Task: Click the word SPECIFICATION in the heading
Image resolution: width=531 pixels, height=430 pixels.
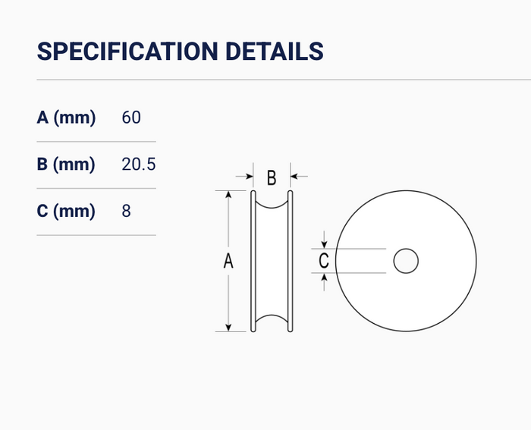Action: tap(127, 51)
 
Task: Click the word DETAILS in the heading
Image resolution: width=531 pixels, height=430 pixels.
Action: tap(275, 51)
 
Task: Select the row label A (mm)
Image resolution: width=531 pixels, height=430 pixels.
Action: tap(66, 118)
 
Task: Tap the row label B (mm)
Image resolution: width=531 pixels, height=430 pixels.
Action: tap(66, 165)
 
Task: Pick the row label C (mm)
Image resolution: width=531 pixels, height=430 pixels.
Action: tap(66, 211)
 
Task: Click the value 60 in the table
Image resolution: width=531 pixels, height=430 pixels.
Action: tap(131, 118)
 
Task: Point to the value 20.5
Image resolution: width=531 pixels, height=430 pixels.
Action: tap(139, 165)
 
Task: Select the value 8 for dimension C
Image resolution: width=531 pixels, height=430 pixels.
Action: tap(126, 211)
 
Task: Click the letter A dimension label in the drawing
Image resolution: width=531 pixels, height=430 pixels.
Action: tap(228, 261)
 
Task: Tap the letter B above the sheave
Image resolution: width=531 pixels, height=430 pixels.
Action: tap(272, 177)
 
